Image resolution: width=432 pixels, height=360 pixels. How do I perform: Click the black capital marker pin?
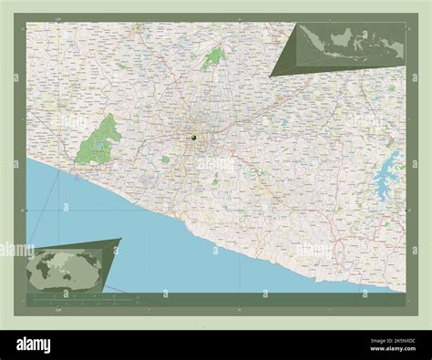[x=193, y=137]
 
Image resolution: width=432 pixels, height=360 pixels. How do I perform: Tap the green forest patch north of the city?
[x=215, y=57]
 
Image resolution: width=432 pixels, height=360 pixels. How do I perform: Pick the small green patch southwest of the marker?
[x=166, y=159]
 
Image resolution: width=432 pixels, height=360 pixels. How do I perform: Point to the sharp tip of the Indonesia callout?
[x=270, y=76]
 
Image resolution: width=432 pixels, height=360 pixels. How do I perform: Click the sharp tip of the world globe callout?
[x=120, y=240]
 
